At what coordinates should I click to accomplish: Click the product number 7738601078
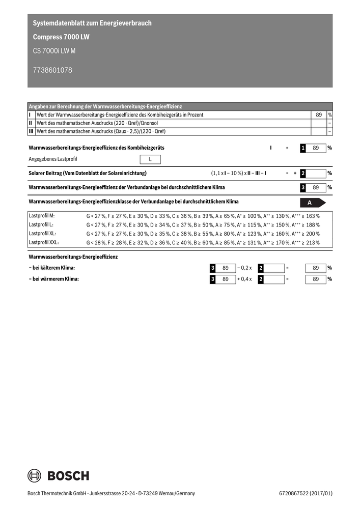click(x=52, y=70)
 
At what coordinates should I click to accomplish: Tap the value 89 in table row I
click(x=318, y=115)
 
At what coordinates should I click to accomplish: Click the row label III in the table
click(x=31, y=131)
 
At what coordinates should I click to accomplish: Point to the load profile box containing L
click(x=150, y=159)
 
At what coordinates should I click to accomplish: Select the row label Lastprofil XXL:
click(x=44, y=242)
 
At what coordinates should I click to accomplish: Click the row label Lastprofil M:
click(x=42, y=216)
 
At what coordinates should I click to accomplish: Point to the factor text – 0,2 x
click(x=244, y=268)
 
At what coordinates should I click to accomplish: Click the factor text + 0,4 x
click(x=244, y=279)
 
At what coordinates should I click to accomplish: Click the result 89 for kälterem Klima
click(x=316, y=268)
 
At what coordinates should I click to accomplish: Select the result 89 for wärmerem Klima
click(x=316, y=279)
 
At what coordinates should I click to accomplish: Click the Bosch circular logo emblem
click(x=35, y=475)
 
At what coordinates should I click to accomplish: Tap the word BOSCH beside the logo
click(x=68, y=476)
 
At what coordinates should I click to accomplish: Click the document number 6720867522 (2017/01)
click(x=306, y=493)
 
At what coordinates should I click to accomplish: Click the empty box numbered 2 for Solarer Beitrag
click(x=313, y=174)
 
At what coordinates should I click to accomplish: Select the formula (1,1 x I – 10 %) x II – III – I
click(x=239, y=174)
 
